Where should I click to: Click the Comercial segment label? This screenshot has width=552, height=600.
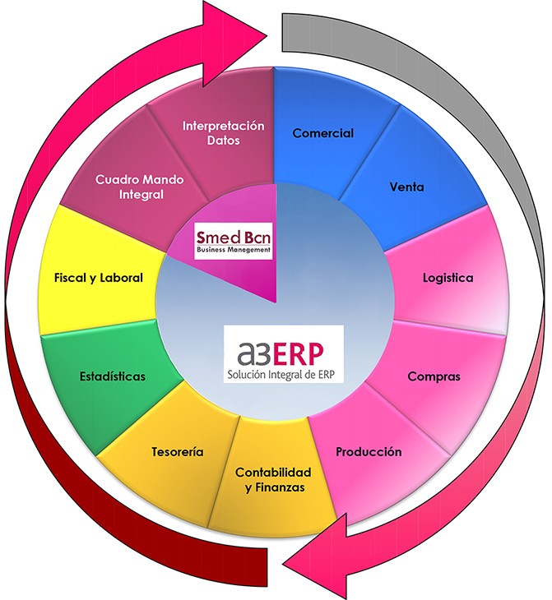(x=323, y=133)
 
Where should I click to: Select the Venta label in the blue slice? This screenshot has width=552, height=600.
(x=406, y=187)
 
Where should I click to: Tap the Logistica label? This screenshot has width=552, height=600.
(x=448, y=278)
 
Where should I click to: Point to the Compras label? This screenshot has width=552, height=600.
(x=434, y=377)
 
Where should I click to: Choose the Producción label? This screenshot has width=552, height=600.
(x=369, y=452)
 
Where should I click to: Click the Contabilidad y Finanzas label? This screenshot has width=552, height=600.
(x=274, y=480)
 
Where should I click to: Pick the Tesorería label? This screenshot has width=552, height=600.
(x=178, y=452)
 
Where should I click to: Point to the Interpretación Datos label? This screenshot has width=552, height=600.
(x=224, y=133)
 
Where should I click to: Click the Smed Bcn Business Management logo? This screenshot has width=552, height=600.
(x=233, y=242)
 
